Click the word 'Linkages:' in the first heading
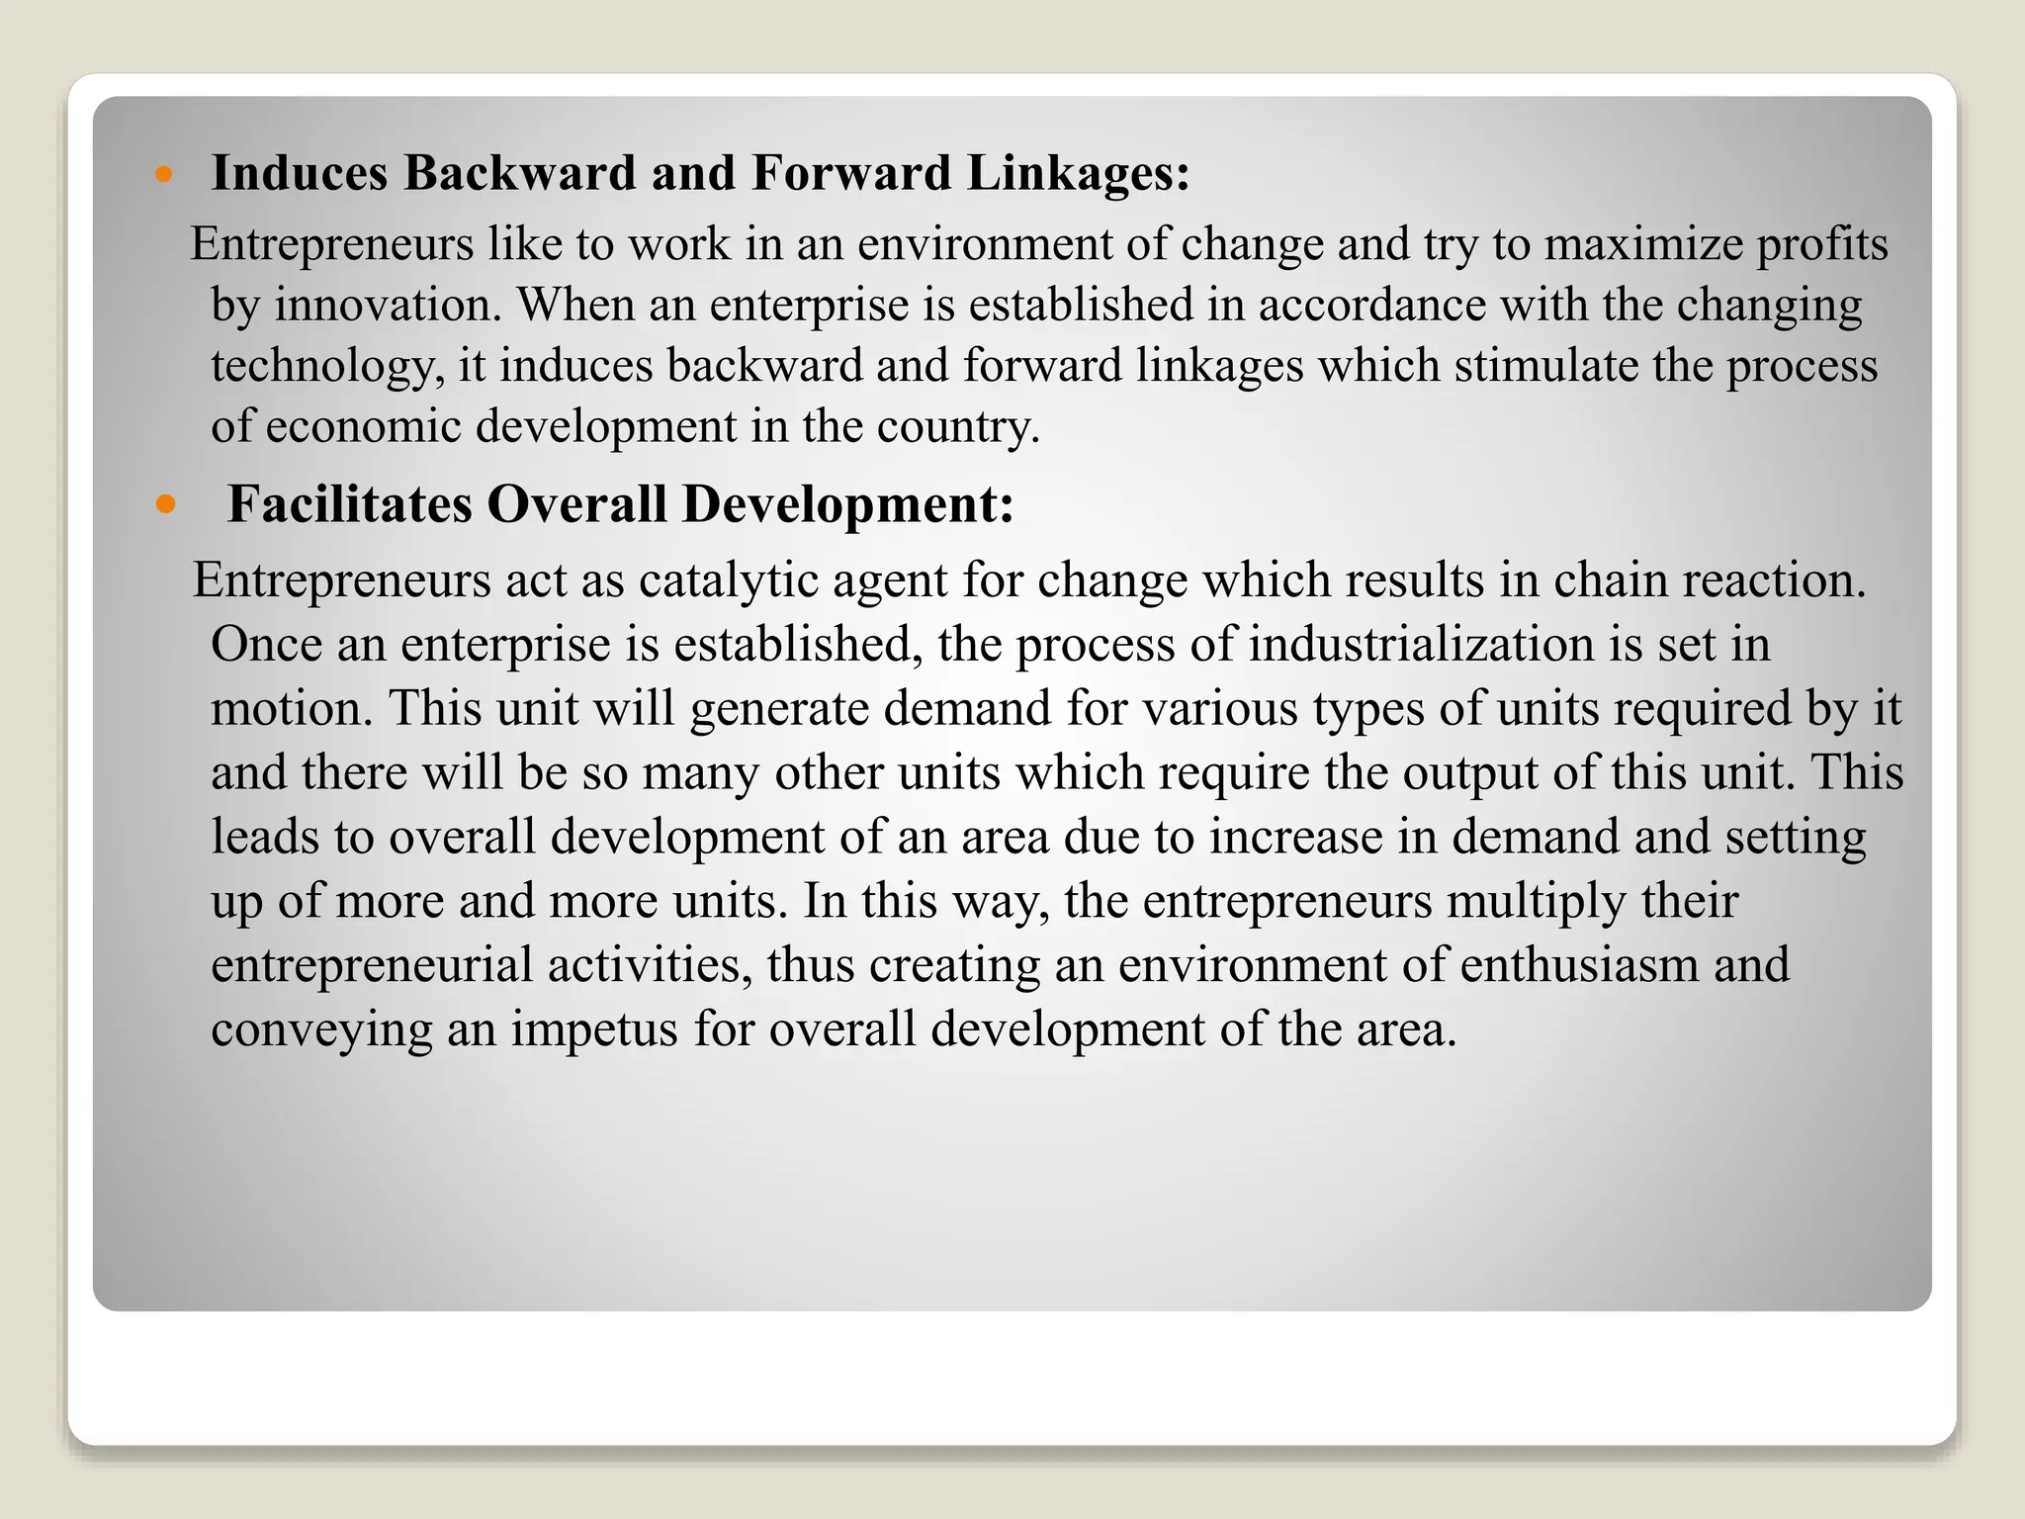[x=1078, y=173]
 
